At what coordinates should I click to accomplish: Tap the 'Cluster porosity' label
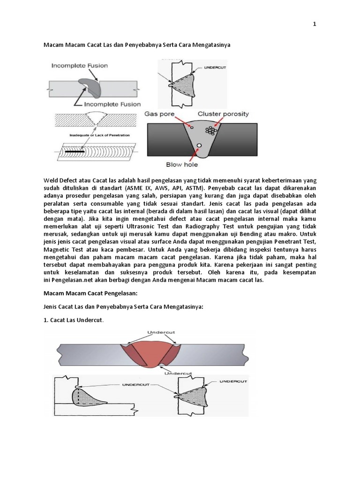point(224,114)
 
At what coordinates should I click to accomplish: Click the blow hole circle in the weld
point(199,146)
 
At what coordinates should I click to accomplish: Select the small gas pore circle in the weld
point(192,127)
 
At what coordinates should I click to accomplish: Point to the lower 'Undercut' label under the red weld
point(178,373)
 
